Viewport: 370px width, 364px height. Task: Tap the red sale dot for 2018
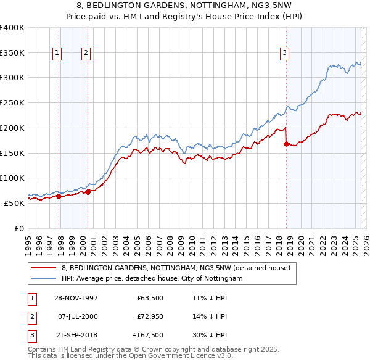[286, 144]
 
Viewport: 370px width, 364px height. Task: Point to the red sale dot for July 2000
[88, 192]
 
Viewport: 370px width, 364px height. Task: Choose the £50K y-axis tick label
[15, 203]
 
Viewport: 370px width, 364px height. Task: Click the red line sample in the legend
[44, 268]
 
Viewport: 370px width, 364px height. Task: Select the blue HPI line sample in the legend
[44, 279]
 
